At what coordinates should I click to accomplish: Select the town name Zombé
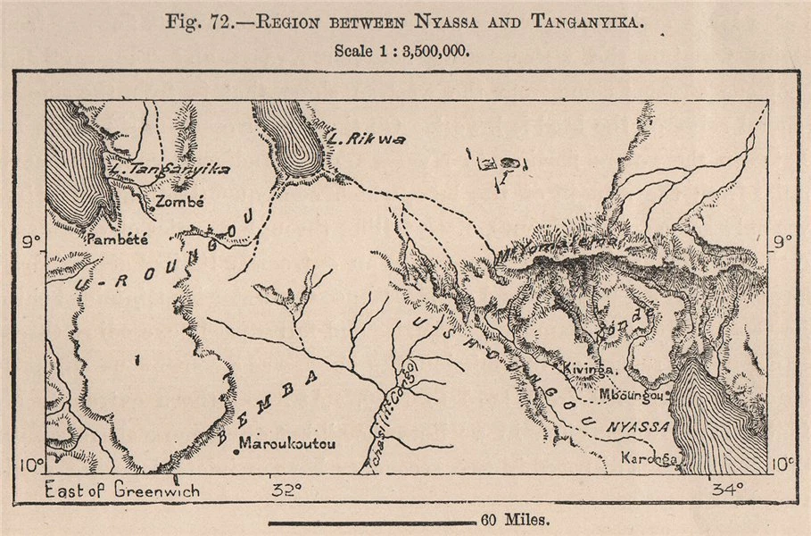click(x=179, y=202)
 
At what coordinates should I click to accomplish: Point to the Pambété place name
click(x=117, y=239)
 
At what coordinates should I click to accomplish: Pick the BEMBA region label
click(x=269, y=407)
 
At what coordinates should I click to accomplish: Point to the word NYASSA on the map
click(x=639, y=427)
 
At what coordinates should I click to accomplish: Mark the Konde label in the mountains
click(x=636, y=317)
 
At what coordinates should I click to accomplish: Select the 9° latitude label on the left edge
click(x=32, y=240)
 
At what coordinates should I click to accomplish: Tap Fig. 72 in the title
click(x=194, y=21)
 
